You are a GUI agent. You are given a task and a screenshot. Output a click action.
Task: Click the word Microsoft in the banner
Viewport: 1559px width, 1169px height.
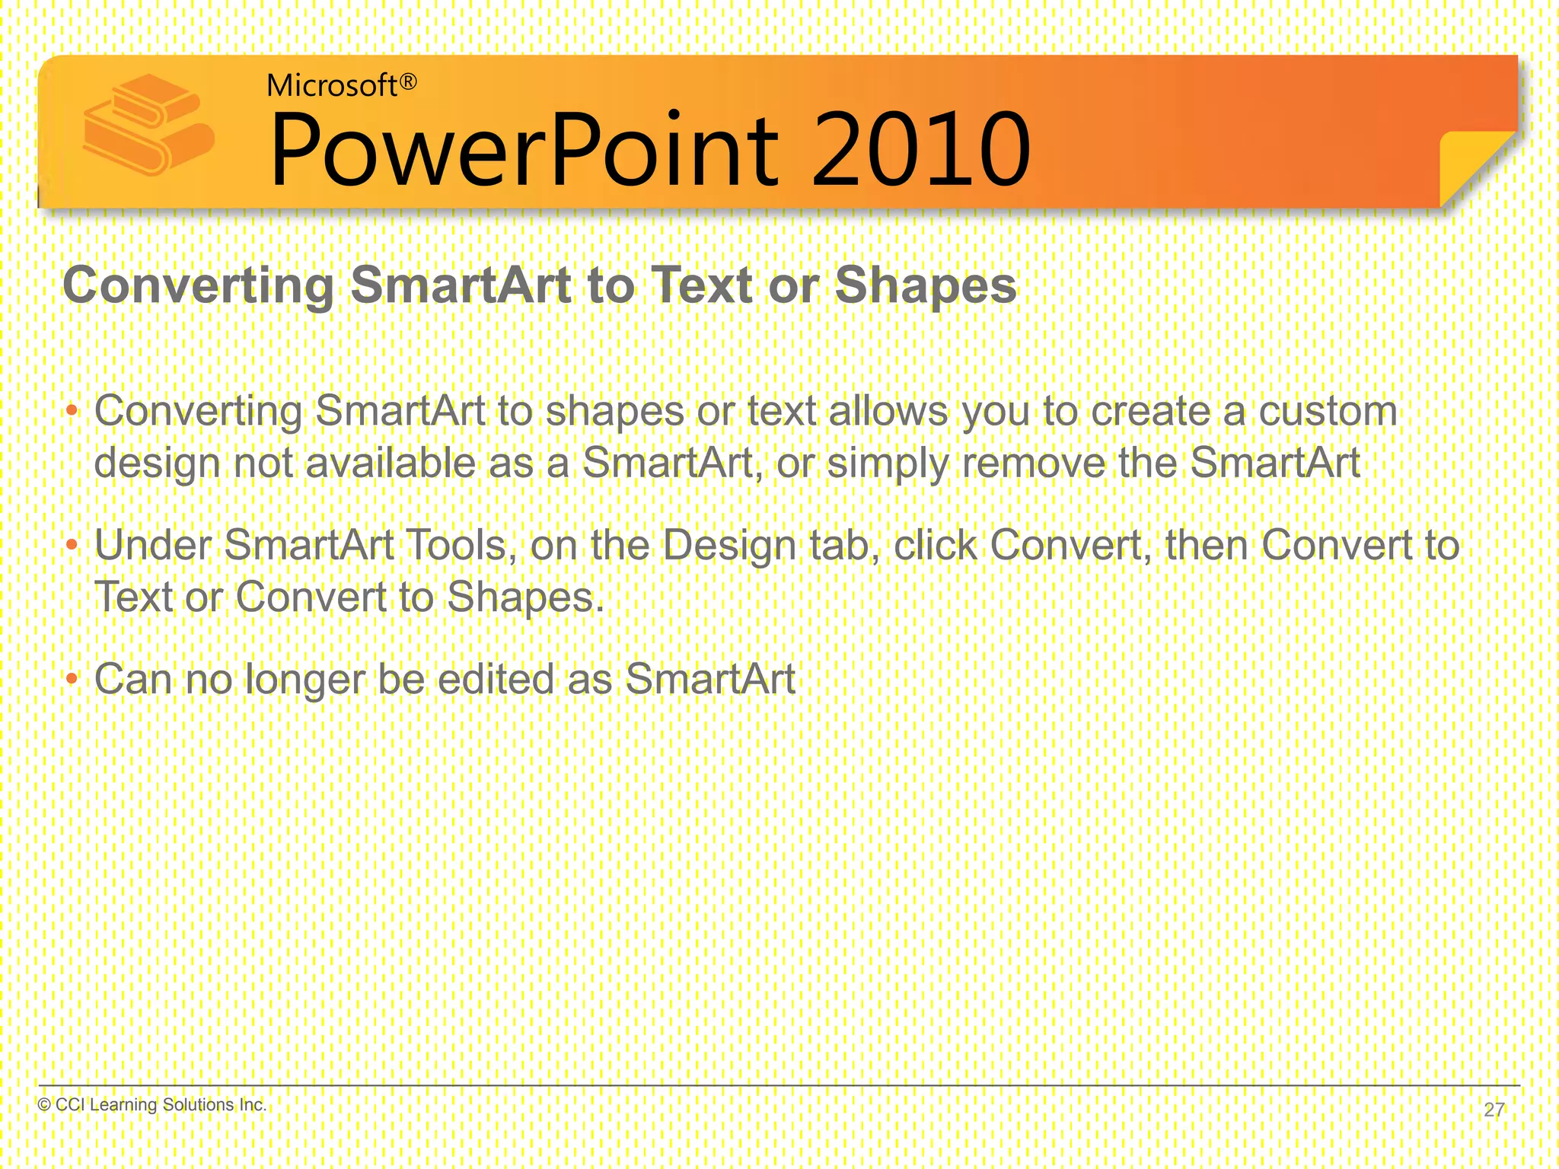point(332,86)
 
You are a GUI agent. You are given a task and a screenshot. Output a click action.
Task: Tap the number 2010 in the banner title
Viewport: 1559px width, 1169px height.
point(921,150)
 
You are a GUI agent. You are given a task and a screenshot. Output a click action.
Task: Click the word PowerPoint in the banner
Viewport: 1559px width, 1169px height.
point(524,150)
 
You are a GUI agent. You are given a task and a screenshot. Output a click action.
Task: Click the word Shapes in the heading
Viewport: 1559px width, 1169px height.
point(926,285)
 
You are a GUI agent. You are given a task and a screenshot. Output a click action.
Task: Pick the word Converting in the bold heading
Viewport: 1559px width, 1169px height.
point(198,285)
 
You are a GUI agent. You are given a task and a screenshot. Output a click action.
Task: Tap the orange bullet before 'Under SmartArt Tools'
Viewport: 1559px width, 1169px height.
point(72,545)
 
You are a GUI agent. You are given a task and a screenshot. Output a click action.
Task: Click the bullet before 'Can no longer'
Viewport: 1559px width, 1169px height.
point(72,678)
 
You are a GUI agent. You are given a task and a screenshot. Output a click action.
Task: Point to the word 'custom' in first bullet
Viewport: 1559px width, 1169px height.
point(1328,412)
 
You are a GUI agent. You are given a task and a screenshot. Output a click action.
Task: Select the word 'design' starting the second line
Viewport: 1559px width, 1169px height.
point(157,463)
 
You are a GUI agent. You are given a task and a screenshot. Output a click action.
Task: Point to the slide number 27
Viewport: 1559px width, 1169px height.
point(1494,1110)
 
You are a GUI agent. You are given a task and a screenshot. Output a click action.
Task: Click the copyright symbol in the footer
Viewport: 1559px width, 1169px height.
point(44,1105)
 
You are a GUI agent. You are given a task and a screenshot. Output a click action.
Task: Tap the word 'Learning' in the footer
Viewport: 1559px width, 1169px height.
point(124,1105)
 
